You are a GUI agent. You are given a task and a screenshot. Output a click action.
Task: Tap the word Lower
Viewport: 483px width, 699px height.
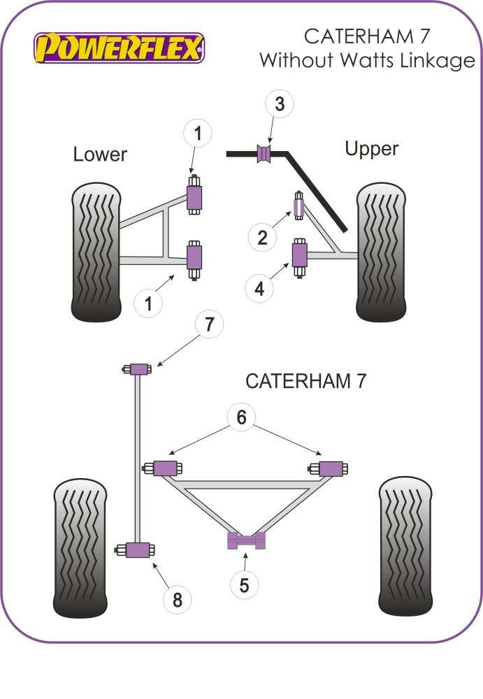click(x=100, y=154)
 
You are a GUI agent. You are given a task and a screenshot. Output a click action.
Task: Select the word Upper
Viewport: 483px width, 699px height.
click(x=371, y=149)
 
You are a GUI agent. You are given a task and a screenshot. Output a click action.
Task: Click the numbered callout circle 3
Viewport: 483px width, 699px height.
click(x=280, y=105)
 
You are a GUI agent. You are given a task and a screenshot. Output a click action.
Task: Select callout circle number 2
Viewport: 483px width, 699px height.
click(x=263, y=238)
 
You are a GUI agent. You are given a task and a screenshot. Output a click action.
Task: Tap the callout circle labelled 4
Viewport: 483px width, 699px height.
click(x=260, y=287)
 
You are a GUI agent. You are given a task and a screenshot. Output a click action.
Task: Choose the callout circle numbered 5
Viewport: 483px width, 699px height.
click(x=244, y=584)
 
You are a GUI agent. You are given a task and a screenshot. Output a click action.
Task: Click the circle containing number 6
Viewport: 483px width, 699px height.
click(x=242, y=417)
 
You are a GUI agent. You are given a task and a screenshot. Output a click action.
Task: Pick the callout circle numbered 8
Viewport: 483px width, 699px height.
click(x=177, y=599)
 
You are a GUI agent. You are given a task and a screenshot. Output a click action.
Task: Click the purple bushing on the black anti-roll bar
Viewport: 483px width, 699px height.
click(x=265, y=154)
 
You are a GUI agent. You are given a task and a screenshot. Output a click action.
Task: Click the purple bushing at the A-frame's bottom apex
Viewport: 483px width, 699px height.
click(x=245, y=540)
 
